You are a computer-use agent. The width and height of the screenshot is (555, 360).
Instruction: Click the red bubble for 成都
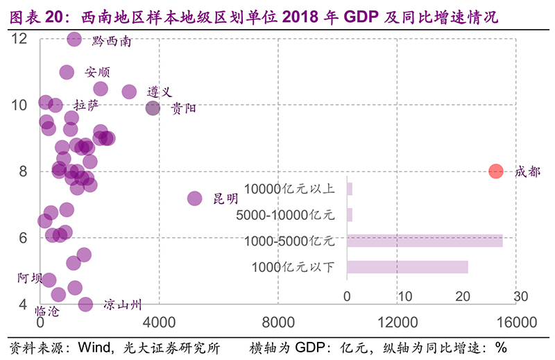[x=495, y=171]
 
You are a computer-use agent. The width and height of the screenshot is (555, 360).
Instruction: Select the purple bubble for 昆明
[x=195, y=199]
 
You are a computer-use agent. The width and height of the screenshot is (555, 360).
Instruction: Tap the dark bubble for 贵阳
[x=153, y=108]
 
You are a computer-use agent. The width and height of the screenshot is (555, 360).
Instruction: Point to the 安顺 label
[x=98, y=71]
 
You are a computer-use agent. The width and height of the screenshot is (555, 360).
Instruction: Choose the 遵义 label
[x=159, y=92]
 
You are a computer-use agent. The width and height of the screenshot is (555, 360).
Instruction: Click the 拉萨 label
[x=87, y=105]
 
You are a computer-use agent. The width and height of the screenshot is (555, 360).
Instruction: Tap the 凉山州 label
[x=123, y=305]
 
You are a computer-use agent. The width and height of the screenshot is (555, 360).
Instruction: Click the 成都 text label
[x=528, y=171]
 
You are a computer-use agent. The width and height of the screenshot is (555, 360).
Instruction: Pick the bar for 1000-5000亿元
[x=425, y=241]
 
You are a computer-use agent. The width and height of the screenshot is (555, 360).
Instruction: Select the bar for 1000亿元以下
[x=407, y=267]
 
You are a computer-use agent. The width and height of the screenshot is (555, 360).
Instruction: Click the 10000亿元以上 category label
[x=290, y=189]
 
